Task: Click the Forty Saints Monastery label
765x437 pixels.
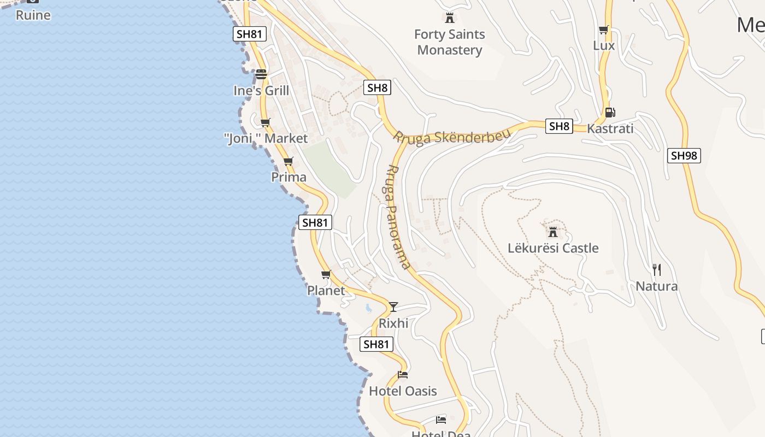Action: [x=449, y=42]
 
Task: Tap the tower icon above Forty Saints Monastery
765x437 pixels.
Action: [x=449, y=18]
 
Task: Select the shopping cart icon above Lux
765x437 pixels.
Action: [x=603, y=30]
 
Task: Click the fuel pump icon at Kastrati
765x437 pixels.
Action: [x=610, y=113]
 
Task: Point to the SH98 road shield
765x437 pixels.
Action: [x=684, y=156]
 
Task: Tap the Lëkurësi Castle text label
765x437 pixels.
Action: [x=553, y=248]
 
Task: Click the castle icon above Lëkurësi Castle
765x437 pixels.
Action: [x=553, y=232]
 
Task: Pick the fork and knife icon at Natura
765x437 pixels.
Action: [x=657, y=269]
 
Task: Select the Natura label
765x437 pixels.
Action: [x=656, y=286]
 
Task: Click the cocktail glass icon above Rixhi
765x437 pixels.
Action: [x=393, y=306]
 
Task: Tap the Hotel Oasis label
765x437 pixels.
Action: [x=403, y=391]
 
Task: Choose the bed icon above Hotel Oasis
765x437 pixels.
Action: [x=403, y=375]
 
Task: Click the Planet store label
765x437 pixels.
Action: [x=326, y=291]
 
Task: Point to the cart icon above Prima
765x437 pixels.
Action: [x=288, y=161]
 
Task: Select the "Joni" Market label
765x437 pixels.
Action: [x=266, y=139]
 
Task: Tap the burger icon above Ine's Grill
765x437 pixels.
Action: [x=261, y=74]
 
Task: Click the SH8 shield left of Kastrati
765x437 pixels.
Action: [x=559, y=127]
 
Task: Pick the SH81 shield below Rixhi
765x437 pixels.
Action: [x=376, y=344]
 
